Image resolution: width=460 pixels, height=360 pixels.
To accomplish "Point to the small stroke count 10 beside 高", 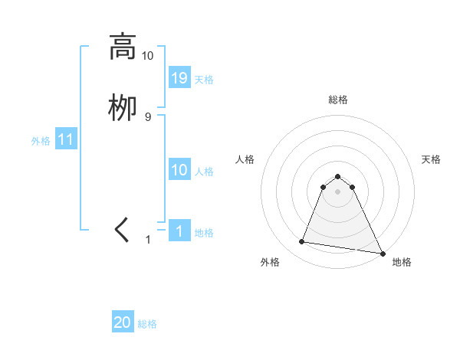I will click(147, 56).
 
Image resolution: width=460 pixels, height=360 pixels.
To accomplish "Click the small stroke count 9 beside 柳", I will click(148, 116).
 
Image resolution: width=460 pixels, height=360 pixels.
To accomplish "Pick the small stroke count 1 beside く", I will click(149, 240).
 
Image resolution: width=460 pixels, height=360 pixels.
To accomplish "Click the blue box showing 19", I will click(179, 78).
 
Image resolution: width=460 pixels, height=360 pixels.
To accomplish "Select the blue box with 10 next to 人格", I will click(179, 170).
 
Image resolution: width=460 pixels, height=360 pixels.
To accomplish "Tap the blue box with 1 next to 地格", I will click(179, 231).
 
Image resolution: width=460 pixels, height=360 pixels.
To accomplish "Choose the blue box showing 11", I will click(66, 139).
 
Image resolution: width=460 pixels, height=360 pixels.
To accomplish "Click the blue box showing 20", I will click(123, 322).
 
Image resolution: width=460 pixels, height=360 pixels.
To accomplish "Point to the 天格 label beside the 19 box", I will click(204, 80).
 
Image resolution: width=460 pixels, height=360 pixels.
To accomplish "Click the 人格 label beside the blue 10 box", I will click(204, 172).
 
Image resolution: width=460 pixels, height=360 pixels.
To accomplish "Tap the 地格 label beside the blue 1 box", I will click(204, 233).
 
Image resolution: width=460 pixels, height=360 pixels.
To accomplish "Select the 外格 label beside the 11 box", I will click(41, 141).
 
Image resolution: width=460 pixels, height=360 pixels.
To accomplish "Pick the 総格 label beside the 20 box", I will click(147, 325).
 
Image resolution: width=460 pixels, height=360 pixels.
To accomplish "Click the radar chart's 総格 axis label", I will click(337, 100).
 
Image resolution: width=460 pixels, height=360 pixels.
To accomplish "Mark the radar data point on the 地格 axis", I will click(381, 252).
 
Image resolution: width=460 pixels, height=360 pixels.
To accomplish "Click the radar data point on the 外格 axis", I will click(302, 242).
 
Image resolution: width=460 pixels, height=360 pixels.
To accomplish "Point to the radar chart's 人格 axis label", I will click(245, 159).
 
